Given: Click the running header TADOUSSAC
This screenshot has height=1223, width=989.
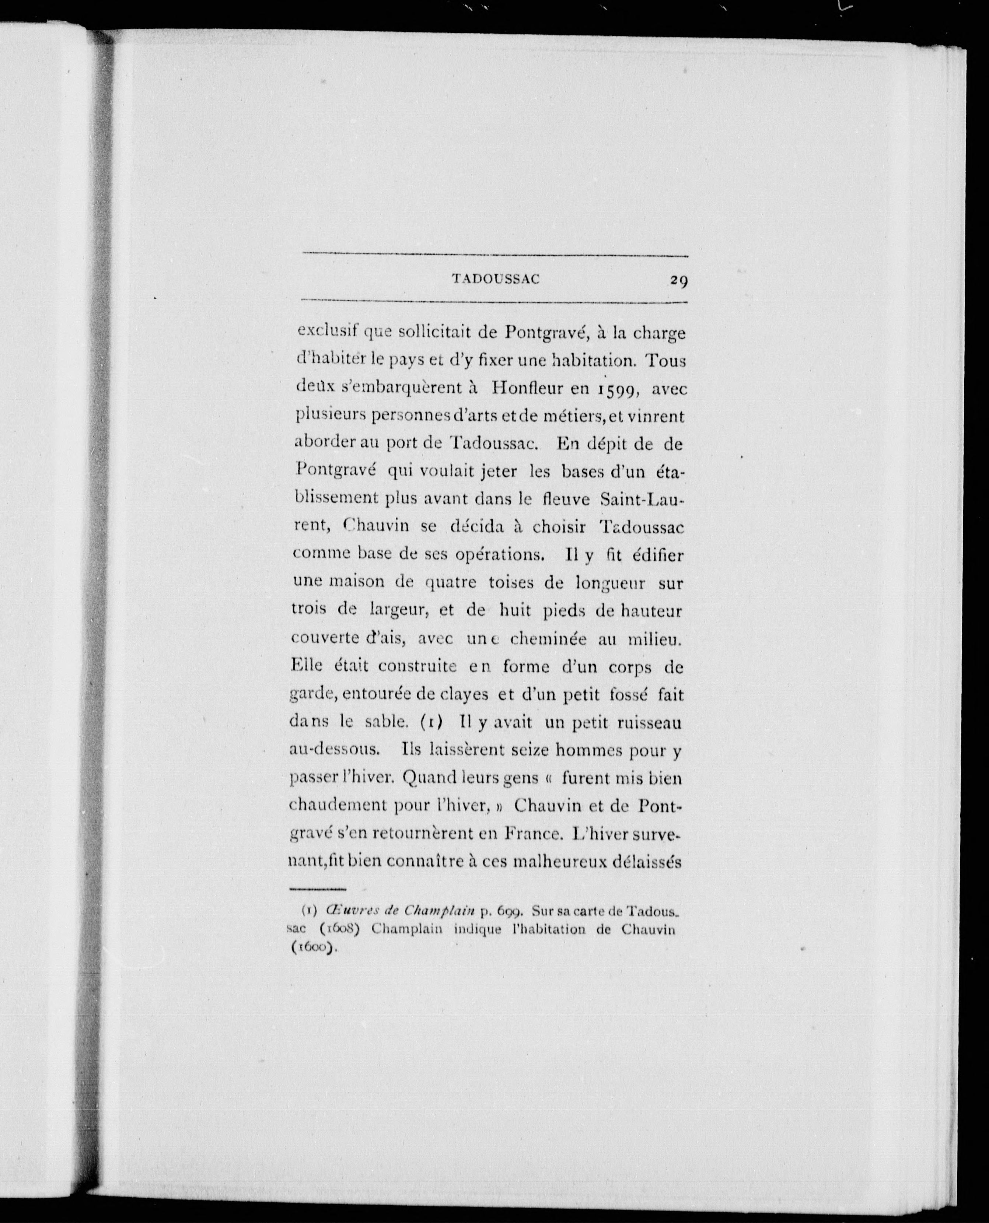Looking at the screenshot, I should click(495, 280).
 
